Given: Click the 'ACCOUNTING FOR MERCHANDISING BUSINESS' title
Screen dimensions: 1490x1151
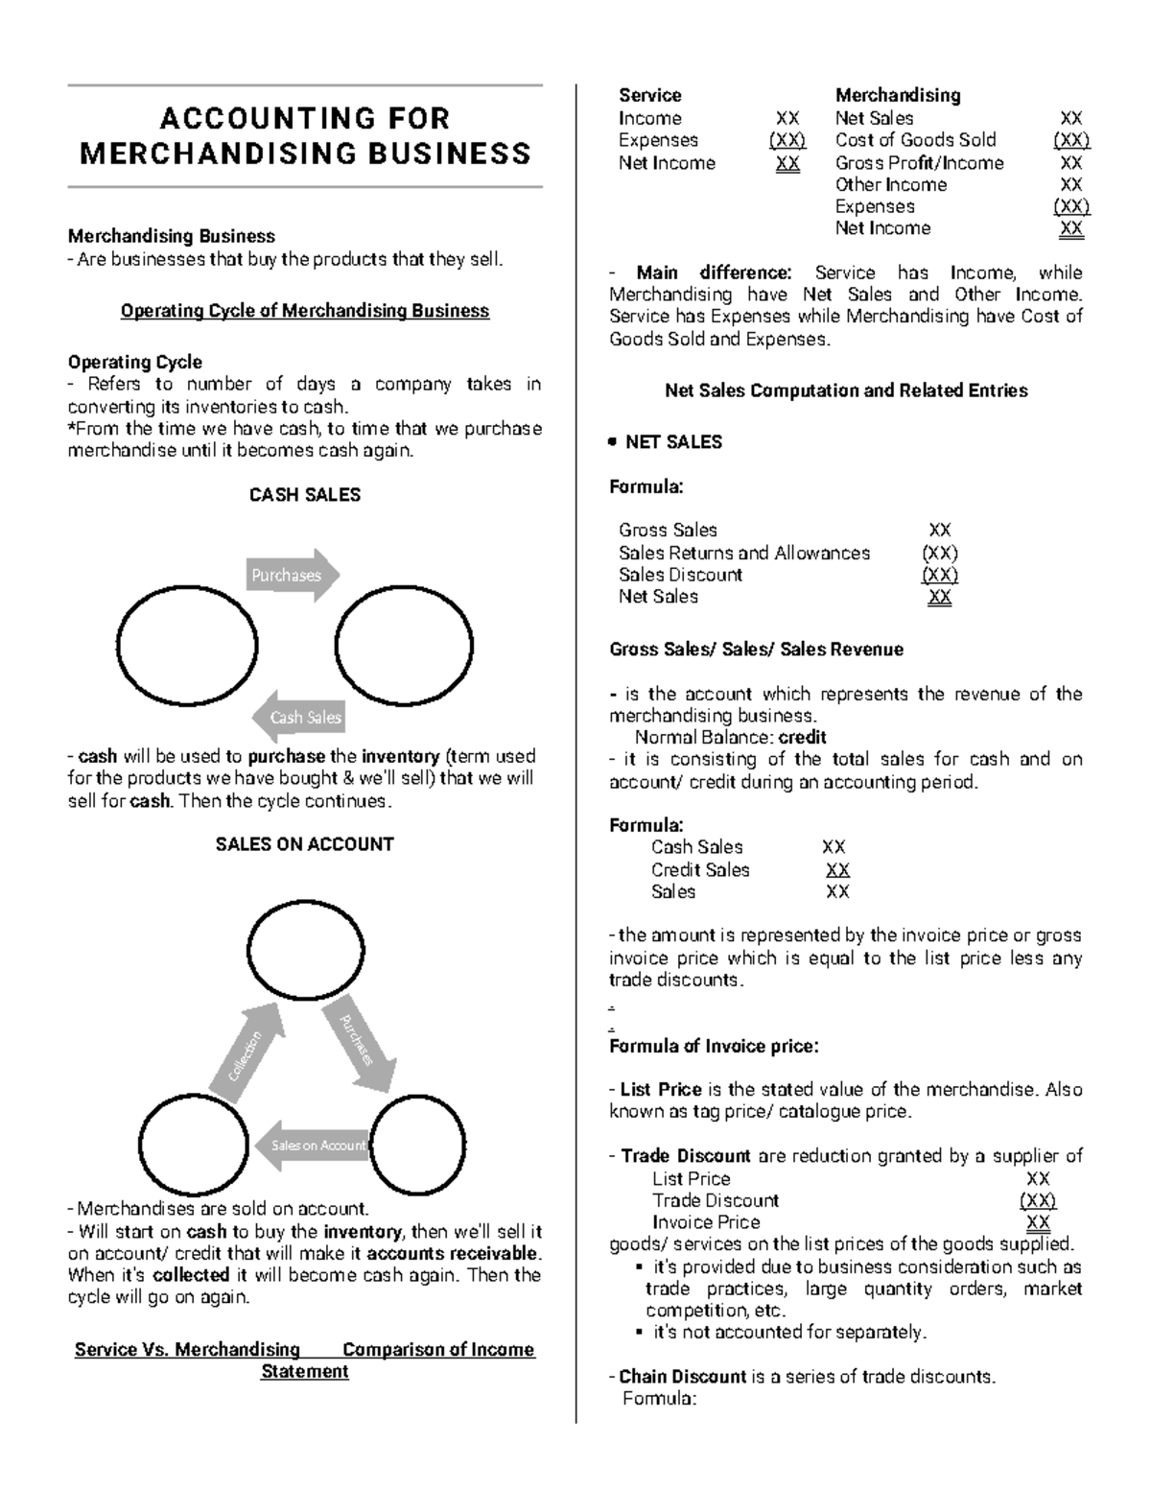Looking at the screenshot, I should [x=305, y=136].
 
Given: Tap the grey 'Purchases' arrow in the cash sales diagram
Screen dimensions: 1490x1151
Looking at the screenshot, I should [x=292, y=576].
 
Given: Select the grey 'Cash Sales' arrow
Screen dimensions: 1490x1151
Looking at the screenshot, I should [x=298, y=717].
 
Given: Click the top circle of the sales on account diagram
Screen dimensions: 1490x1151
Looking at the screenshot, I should [x=305, y=951].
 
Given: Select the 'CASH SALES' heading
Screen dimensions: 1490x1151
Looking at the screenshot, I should [x=305, y=495].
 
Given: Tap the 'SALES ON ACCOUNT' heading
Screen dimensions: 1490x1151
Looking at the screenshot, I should [x=305, y=844].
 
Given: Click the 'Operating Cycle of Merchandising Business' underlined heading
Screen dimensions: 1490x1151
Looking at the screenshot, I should [x=305, y=311].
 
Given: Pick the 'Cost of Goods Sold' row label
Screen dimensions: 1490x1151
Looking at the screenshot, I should [x=915, y=140].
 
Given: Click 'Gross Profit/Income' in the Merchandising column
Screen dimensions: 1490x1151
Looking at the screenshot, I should [x=919, y=163].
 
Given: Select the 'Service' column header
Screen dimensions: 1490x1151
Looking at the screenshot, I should [x=649, y=95].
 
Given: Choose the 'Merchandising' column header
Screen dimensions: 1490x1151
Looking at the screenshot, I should [x=897, y=95].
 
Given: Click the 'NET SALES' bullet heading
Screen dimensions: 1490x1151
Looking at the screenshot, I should [x=673, y=442].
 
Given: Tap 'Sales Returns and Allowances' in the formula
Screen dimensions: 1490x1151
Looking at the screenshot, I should [x=744, y=553].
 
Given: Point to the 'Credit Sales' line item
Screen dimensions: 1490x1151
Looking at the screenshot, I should [x=700, y=870].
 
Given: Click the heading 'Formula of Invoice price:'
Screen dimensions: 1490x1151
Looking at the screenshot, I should [x=714, y=1046].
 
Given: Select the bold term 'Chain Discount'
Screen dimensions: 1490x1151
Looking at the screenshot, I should [x=682, y=1377].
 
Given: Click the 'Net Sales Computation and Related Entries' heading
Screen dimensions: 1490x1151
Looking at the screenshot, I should [x=846, y=390].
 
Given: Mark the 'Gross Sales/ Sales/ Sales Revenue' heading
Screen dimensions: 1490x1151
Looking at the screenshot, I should [x=756, y=650].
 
